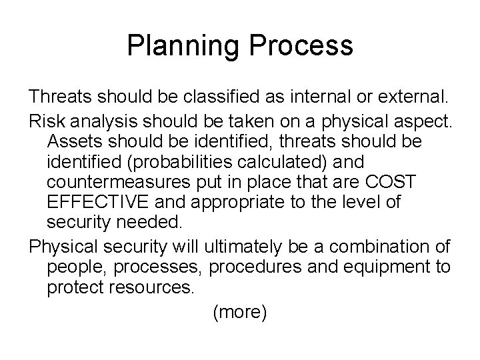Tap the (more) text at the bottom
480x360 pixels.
(x=239, y=311)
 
